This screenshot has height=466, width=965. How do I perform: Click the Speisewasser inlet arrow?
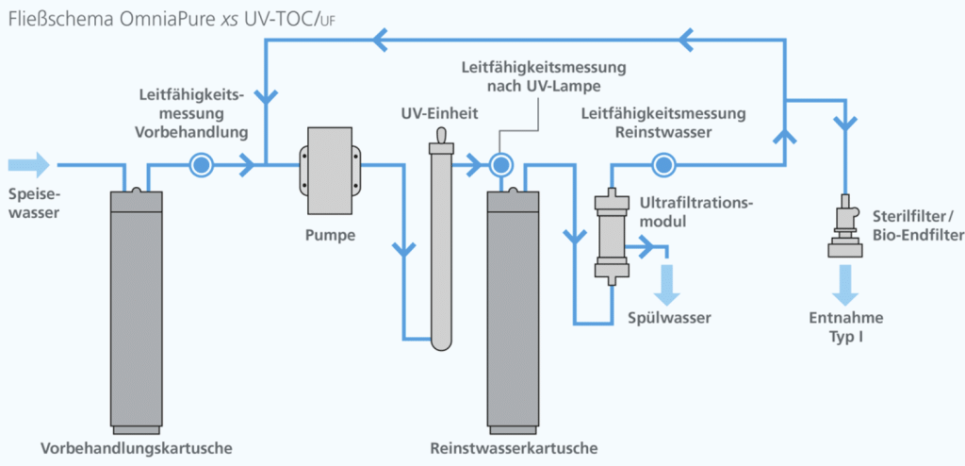pos(28,164)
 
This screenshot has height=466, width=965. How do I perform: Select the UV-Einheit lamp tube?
pos(442,240)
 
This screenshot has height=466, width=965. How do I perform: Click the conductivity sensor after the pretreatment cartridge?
pos(201,164)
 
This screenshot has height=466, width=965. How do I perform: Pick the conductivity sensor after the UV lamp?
pos(501,164)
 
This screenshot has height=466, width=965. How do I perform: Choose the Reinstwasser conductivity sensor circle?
pos(662,164)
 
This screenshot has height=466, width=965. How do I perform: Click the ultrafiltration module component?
pos(612,236)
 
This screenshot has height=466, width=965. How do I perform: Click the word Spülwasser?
pos(670,318)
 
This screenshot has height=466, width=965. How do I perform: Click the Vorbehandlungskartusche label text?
pos(137,448)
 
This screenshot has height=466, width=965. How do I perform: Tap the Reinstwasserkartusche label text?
pos(513,448)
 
